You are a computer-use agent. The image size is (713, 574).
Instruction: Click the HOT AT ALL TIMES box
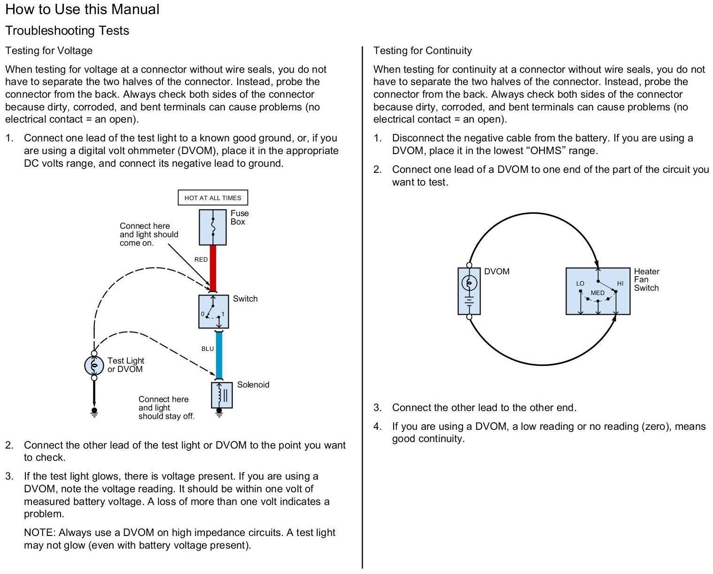pos(213,198)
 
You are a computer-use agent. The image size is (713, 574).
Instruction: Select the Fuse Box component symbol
pos(213,227)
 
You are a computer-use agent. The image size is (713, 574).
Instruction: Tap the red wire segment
pos(213,268)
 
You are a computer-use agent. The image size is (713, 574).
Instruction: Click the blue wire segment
pos(219,355)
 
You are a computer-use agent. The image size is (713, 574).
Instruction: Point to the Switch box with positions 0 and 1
pos(213,311)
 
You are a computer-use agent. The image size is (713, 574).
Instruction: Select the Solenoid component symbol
pos(222,395)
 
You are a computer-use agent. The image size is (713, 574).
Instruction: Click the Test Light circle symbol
pos(94,365)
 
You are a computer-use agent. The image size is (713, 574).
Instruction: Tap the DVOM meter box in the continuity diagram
pos(469,291)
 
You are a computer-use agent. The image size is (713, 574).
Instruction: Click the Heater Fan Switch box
pos(597,291)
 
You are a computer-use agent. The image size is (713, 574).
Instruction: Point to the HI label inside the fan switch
pos(620,283)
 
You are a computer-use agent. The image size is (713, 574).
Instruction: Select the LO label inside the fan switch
pos(580,283)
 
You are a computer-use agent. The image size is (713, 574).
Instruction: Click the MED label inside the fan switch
pos(597,293)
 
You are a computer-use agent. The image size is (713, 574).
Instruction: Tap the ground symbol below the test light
pos(94,412)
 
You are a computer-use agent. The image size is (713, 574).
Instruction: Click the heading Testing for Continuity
pos(422,51)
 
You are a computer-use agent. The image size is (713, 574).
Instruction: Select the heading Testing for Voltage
pos(49,51)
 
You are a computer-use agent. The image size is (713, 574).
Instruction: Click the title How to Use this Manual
pos(82,9)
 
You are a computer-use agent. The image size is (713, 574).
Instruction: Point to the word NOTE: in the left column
pos(39,533)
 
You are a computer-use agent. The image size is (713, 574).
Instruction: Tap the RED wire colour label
pos(201,259)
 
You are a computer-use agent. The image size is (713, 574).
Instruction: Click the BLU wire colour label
pos(208,349)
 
